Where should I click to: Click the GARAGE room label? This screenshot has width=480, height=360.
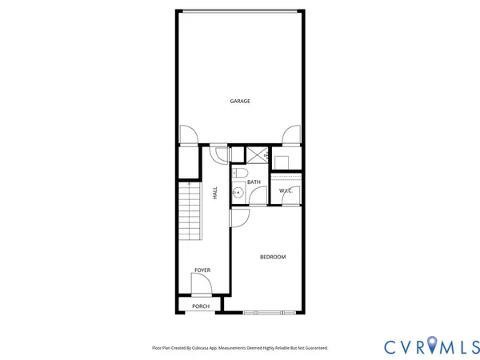(240, 102)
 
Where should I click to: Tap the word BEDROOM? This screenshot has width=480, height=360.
(273, 257)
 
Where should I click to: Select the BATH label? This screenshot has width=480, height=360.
(254, 182)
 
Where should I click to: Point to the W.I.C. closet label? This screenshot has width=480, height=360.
(286, 190)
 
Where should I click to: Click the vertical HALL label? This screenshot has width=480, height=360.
(215, 193)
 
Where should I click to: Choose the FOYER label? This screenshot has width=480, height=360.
(202, 270)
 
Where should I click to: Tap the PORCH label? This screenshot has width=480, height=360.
(201, 306)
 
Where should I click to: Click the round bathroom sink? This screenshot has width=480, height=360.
(238, 192)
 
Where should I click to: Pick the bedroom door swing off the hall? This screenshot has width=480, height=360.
(238, 216)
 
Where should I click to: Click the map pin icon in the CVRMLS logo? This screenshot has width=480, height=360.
(432, 345)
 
